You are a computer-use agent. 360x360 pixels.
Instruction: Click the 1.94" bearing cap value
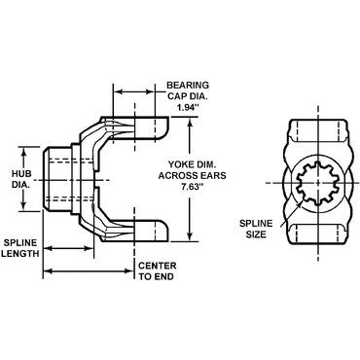pos(187,108)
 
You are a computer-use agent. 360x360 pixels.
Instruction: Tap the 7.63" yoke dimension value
pos(192,187)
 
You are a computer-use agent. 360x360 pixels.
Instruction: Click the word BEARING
pos(188,86)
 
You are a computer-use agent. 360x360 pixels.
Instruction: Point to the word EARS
pos(213,175)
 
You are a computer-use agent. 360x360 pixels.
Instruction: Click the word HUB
pos(22,173)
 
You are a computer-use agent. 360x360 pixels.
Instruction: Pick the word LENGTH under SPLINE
pos(20,253)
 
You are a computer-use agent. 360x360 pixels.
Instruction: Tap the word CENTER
pos(158,266)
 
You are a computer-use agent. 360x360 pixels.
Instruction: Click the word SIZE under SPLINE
pos(256,234)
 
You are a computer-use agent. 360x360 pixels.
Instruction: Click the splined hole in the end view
pos(318,184)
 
